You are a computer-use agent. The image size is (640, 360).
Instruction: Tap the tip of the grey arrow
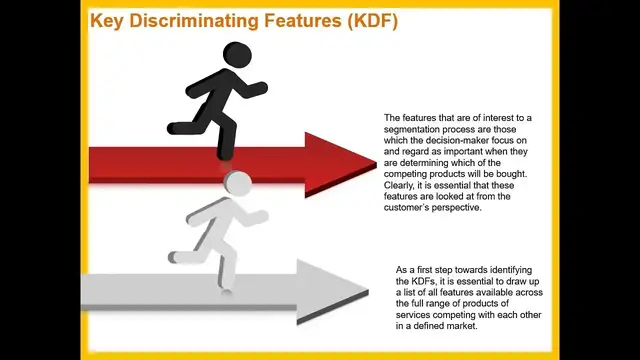(x=369, y=292)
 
